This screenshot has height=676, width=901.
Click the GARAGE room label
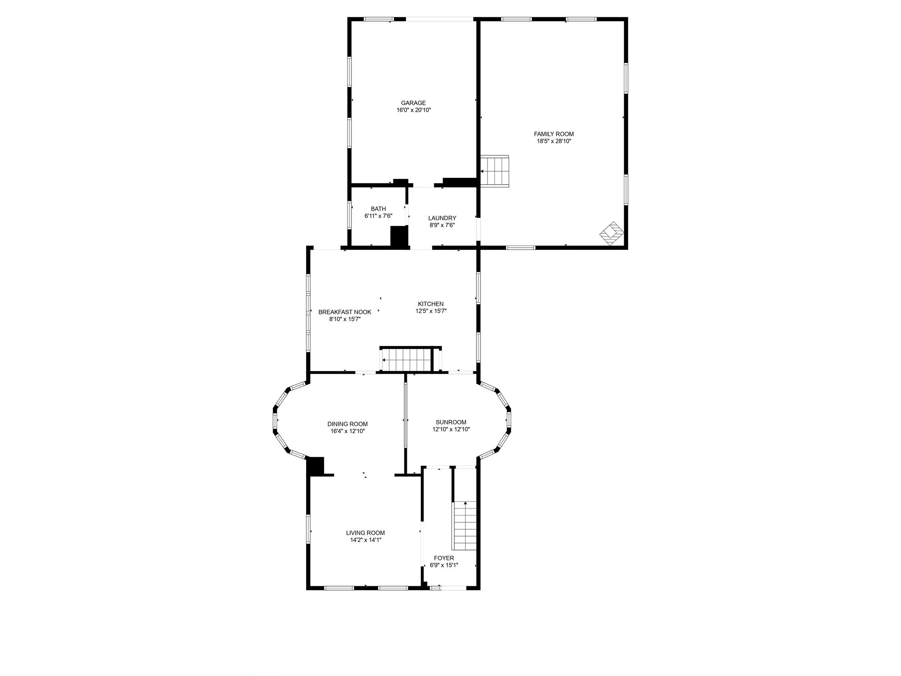[x=413, y=103]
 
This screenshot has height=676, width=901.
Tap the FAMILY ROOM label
[x=553, y=134]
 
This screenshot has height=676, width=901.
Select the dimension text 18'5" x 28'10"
[x=553, y=141]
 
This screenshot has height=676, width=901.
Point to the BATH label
[x=378, y=209]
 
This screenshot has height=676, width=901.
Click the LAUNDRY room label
[x=442, y=218]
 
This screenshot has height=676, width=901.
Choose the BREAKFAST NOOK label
[x=344, y=312]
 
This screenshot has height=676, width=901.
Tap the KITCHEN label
[x=431, y=304]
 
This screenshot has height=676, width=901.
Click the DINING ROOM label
[x=348, y=424]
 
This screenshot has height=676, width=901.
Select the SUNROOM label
[x=451, y=422]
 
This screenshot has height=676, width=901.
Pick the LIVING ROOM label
[x=365, y=533]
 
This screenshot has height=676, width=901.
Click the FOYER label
[x=444, y=558]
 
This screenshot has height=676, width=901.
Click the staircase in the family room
[x=494, y=171]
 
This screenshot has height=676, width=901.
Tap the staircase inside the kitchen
[x=407, y=360]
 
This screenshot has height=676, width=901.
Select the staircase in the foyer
[x=465, y=525]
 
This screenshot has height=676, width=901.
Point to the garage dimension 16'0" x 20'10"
[x=413, y=110]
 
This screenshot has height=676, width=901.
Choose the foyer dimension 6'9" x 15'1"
[x=444, y=565]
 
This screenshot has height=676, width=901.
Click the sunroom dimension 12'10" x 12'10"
[x=451, y=429]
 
